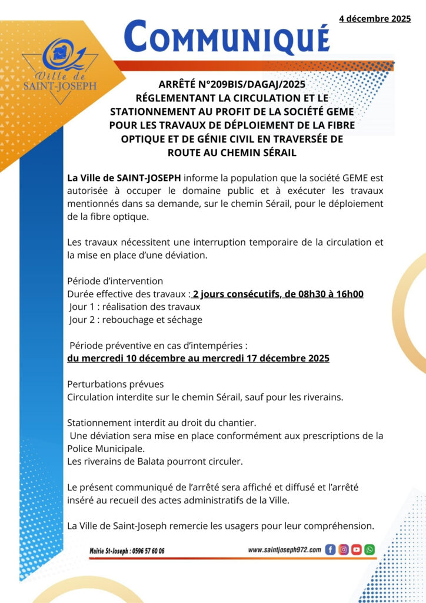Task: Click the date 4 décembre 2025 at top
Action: [x=374, y=19]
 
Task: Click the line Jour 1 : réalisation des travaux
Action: [x=135, y=307]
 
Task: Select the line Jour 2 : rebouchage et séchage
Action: [x=135, y=320]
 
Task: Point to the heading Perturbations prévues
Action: [x=111, y=384]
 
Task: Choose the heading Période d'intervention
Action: [x=115, y=281]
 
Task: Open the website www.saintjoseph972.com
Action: [x=284, y=550]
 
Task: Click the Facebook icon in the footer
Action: [x=330, y=550]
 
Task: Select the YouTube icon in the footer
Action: [x=356, y=550]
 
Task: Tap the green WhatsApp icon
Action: [x=369, y=550]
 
